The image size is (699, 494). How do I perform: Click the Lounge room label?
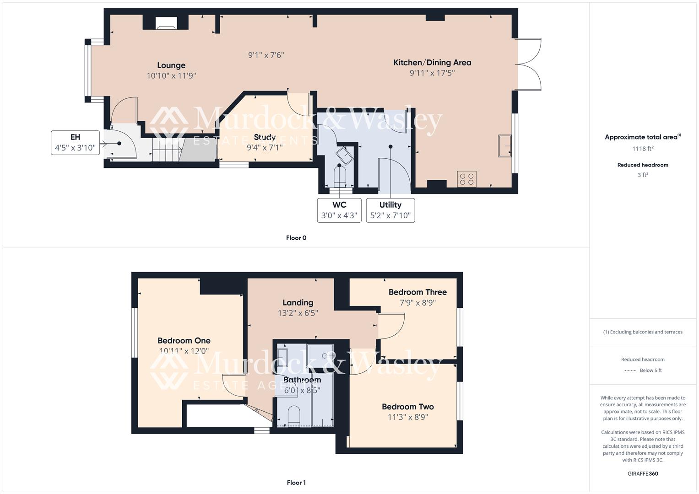tap(171, 65)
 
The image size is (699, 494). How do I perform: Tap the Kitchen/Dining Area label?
tap(432, 63)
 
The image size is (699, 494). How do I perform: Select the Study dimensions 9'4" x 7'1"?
tap(265, 147)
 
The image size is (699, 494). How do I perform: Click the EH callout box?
tap(75, 143)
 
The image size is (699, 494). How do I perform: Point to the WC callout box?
tap(339, 210)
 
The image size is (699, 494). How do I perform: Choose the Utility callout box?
tap(390, 210)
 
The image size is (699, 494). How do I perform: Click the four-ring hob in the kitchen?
tap(466, 179)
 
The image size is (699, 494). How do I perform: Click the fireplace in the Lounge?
tap(165, 24)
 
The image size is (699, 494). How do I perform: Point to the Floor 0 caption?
tap(296, 238)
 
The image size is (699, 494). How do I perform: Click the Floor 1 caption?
tap(296, 483)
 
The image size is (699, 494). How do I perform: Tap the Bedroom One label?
tap(184, 341)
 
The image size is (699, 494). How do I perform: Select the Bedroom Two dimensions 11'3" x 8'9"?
tap(408, 417)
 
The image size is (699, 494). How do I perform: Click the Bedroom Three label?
tap(417, 292)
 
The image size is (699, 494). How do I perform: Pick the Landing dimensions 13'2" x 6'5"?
tap(298, 313)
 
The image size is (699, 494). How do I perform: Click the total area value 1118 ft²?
tap(643, 149)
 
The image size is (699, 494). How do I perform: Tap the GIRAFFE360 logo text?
tap(643, 473)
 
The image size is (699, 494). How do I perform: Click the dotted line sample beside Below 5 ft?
tap(630, 370)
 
